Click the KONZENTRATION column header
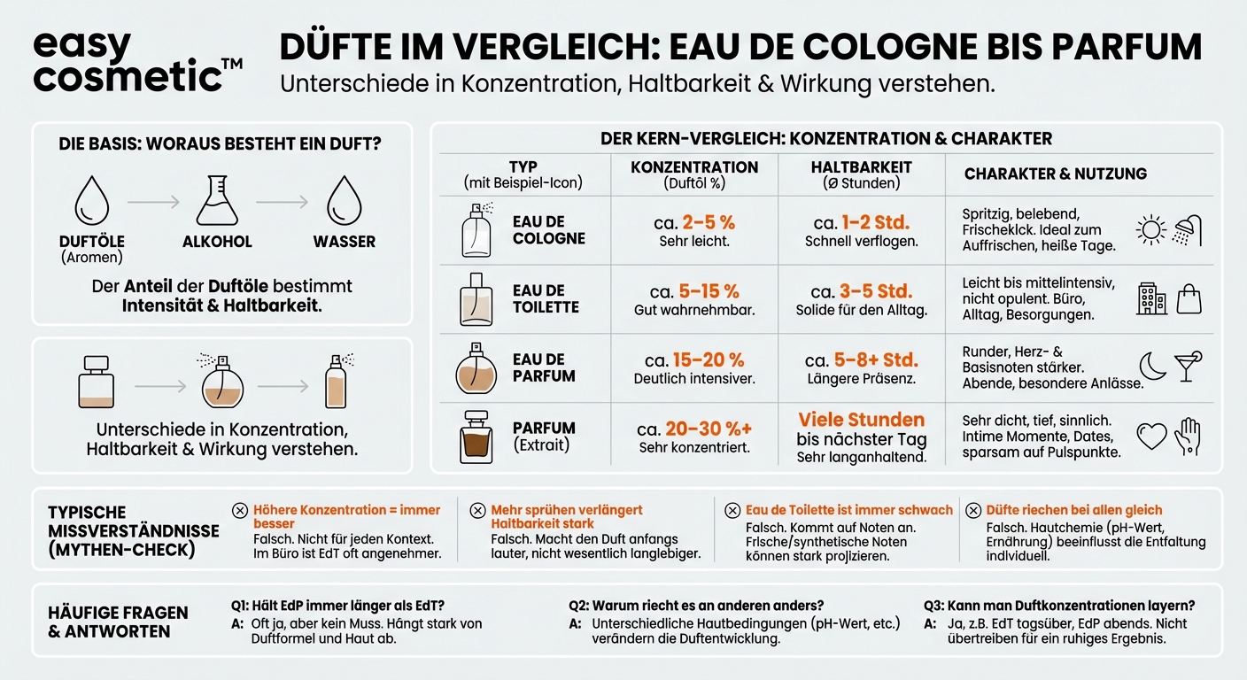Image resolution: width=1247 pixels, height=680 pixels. coord(694,167)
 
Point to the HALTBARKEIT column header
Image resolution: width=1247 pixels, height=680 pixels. coord(861,167)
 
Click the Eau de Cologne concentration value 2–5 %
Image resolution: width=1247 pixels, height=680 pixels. coord(709,222)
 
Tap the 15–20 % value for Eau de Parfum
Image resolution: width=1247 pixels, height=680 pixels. coord(708,360)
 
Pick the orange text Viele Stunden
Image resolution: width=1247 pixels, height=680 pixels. coord(861,420)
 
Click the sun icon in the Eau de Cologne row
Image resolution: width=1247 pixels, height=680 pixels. coord(1151,231)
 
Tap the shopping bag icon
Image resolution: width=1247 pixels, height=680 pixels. coord(1189,299)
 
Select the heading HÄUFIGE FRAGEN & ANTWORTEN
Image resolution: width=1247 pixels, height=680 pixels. coord(118,622)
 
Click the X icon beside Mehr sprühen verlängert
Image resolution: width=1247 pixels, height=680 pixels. coord(477,510)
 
